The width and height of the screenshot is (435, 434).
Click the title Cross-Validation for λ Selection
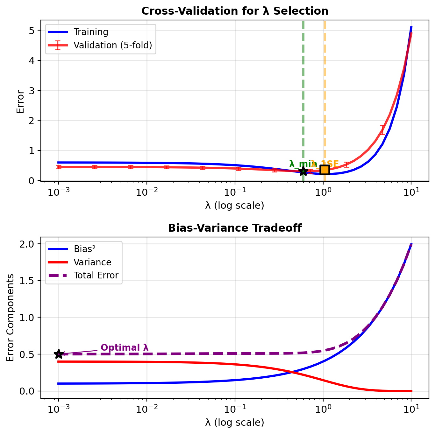coord(235,11)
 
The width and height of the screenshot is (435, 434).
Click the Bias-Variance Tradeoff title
coord(235,228)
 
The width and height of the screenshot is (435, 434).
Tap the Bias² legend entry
coord(82,249)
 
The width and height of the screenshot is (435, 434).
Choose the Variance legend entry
coord(92,262)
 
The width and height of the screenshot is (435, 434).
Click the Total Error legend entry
coord(96,275)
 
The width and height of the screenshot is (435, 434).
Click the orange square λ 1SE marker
coord(324,170)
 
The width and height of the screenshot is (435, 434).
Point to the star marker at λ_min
coord(303,171)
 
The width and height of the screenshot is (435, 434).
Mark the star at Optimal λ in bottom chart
coord(59,354)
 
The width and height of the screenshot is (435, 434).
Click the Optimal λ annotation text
coord(125,348)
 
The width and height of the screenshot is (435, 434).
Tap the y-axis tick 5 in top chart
coord(32,31)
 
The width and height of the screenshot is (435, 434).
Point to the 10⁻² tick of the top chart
coord(146,192)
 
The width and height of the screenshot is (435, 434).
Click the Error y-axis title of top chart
coord(20,102)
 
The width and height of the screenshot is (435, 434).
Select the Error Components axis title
coord(11,317)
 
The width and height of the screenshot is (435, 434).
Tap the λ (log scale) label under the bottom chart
coord(235,423)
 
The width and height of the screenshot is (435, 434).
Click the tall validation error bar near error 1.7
coord(382,130)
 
